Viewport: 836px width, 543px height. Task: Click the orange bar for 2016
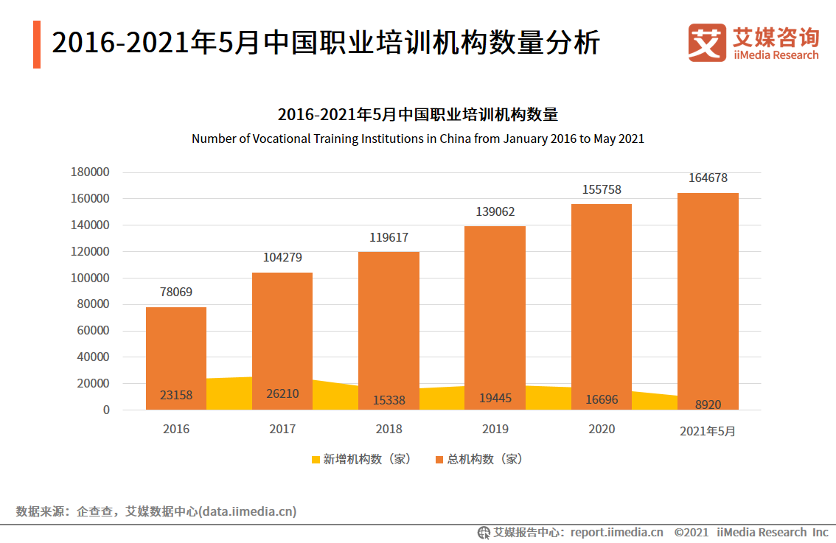point(176,346)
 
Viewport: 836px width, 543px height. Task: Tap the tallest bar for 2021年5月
point(708,295)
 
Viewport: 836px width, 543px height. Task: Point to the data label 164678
point(708,178)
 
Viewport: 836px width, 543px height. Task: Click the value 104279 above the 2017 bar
point(282,257)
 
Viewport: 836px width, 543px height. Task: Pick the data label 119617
point(389,237)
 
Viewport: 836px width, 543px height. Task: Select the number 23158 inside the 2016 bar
point(176,395)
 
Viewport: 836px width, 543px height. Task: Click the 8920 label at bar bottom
point(708,404)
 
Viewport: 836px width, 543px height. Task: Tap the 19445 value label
point(495,399)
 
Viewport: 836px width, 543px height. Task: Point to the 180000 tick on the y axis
point(90,172)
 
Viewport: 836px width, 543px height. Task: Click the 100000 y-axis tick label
point(90,278)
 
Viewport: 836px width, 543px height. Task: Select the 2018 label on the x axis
point(389,429)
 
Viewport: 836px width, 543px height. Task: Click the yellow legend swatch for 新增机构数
point(316,460)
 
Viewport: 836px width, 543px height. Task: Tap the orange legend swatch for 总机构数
point(439,460)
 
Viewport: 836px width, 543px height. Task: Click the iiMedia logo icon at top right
point(707,43)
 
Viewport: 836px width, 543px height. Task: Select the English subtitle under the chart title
point(418,139)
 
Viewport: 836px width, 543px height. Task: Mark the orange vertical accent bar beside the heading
point(37,44)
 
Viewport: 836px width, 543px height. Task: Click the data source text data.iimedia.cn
point(248,511)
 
